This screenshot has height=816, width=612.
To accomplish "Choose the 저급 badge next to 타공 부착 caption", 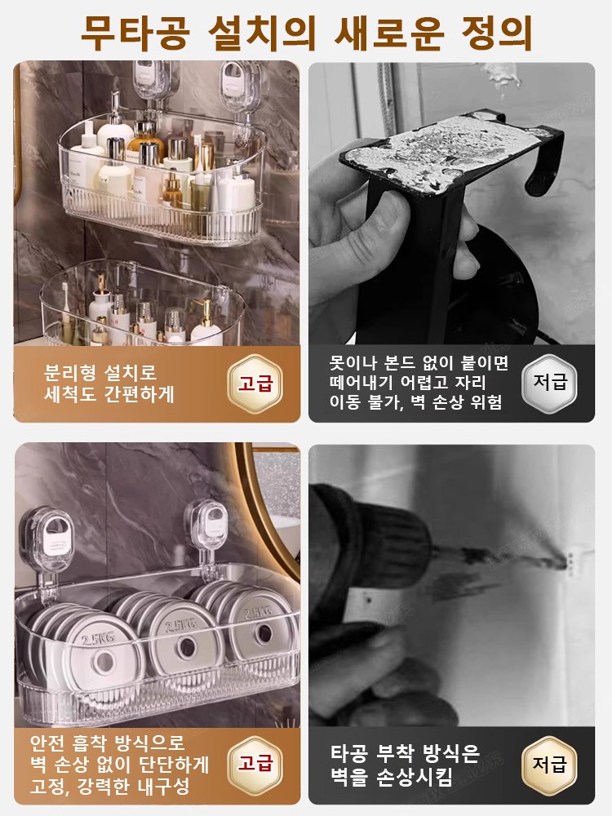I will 549,765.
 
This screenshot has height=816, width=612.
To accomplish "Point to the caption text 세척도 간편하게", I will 110,394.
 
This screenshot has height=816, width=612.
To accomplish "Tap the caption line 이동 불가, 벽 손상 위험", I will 415,402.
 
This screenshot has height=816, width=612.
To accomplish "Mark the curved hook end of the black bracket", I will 543,171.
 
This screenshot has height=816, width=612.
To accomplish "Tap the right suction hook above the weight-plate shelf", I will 206,526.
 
